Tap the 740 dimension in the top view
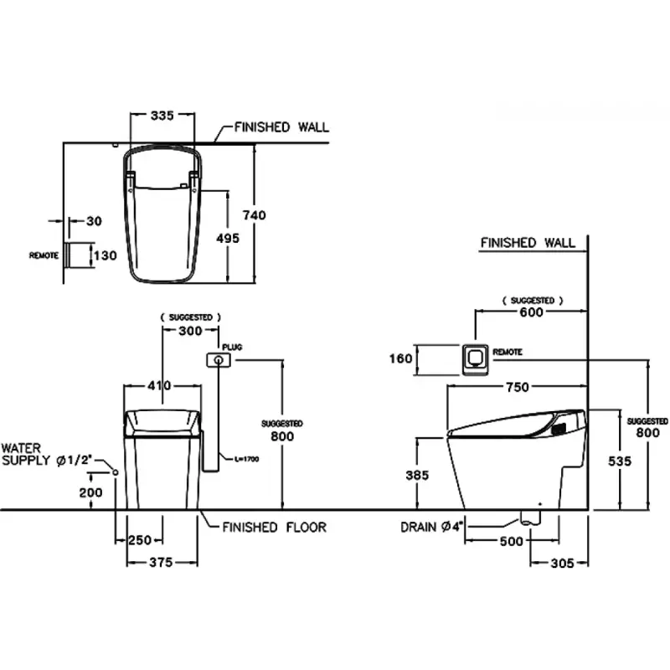(x=255, y=215)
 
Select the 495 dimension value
(x=227, y=238)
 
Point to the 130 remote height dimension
(x=105, y=255)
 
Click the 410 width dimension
(x=159, y=386)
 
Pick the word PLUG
(x=232, y=345)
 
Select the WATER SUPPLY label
(x=51, y=455)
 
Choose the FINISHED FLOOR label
(x=274, y=527)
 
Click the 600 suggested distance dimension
(x=531, y=312)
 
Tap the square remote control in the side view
(x=475, y=358)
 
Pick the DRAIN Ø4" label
(x=432, y=527)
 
